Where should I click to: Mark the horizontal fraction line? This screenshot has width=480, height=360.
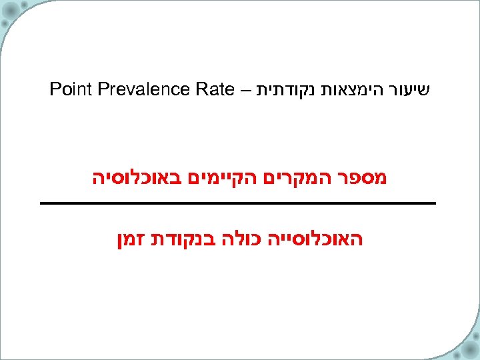point(238,202)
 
